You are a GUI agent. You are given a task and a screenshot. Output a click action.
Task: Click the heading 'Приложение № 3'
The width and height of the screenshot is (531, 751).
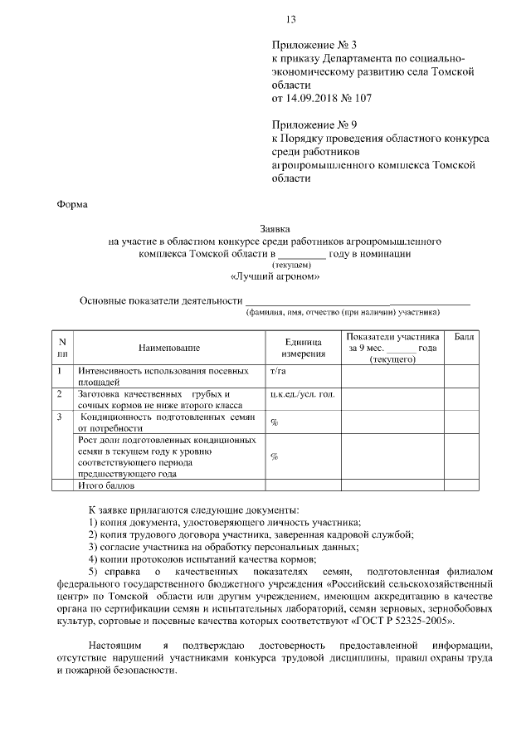coord(312,45)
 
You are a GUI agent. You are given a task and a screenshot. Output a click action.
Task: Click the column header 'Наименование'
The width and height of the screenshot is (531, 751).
coord(170,348)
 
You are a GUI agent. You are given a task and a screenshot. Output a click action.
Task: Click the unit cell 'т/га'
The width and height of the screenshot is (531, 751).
coord(279,371)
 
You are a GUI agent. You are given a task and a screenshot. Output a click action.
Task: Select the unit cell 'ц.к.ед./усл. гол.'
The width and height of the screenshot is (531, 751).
coord(302,394)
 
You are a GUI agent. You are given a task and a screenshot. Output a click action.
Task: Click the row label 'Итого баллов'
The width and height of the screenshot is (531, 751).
coord(105,485)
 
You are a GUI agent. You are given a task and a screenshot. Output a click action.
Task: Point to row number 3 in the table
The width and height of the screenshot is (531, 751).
coord(61,417)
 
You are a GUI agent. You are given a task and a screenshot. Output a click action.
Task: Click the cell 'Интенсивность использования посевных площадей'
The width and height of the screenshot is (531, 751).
coord(163,376)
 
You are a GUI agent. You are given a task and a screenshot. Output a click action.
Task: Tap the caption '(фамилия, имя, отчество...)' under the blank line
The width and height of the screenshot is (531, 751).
coord(342,313)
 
